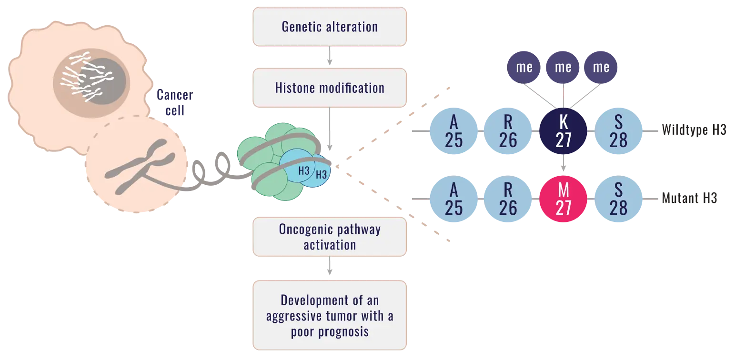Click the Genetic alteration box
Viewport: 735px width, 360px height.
(330, 27)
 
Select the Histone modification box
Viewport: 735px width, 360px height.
(330, 88)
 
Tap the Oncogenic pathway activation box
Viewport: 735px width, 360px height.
(330, 237)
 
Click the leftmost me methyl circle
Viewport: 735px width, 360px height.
(524, 68)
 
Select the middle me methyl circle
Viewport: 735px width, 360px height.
(563, 68)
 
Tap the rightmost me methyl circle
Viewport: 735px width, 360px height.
(602, 68)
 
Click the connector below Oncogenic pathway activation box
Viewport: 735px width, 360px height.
(329, 269)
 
